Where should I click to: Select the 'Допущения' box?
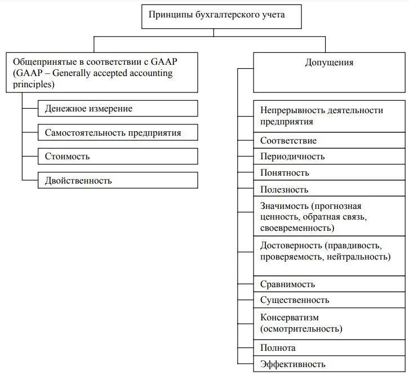click(329, 72)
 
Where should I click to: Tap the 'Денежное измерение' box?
click(118, 108)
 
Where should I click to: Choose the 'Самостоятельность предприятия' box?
click(118, 132)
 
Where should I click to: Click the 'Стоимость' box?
click(118, 156)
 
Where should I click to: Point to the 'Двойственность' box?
click(118, 180)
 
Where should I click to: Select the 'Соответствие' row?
click(329, 140)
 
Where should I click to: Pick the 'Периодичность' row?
click(329, 157)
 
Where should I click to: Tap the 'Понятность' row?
click(329, 173)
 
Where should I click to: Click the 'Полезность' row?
click(329, 189)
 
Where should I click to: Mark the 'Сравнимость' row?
click(329, 284)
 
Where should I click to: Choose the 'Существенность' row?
click(329, 300)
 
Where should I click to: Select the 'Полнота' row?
click(329, 348)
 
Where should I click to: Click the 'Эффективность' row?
click(329, 364)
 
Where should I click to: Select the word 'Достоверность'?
click(291, 245)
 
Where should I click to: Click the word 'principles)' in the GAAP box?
click(32, 84)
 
